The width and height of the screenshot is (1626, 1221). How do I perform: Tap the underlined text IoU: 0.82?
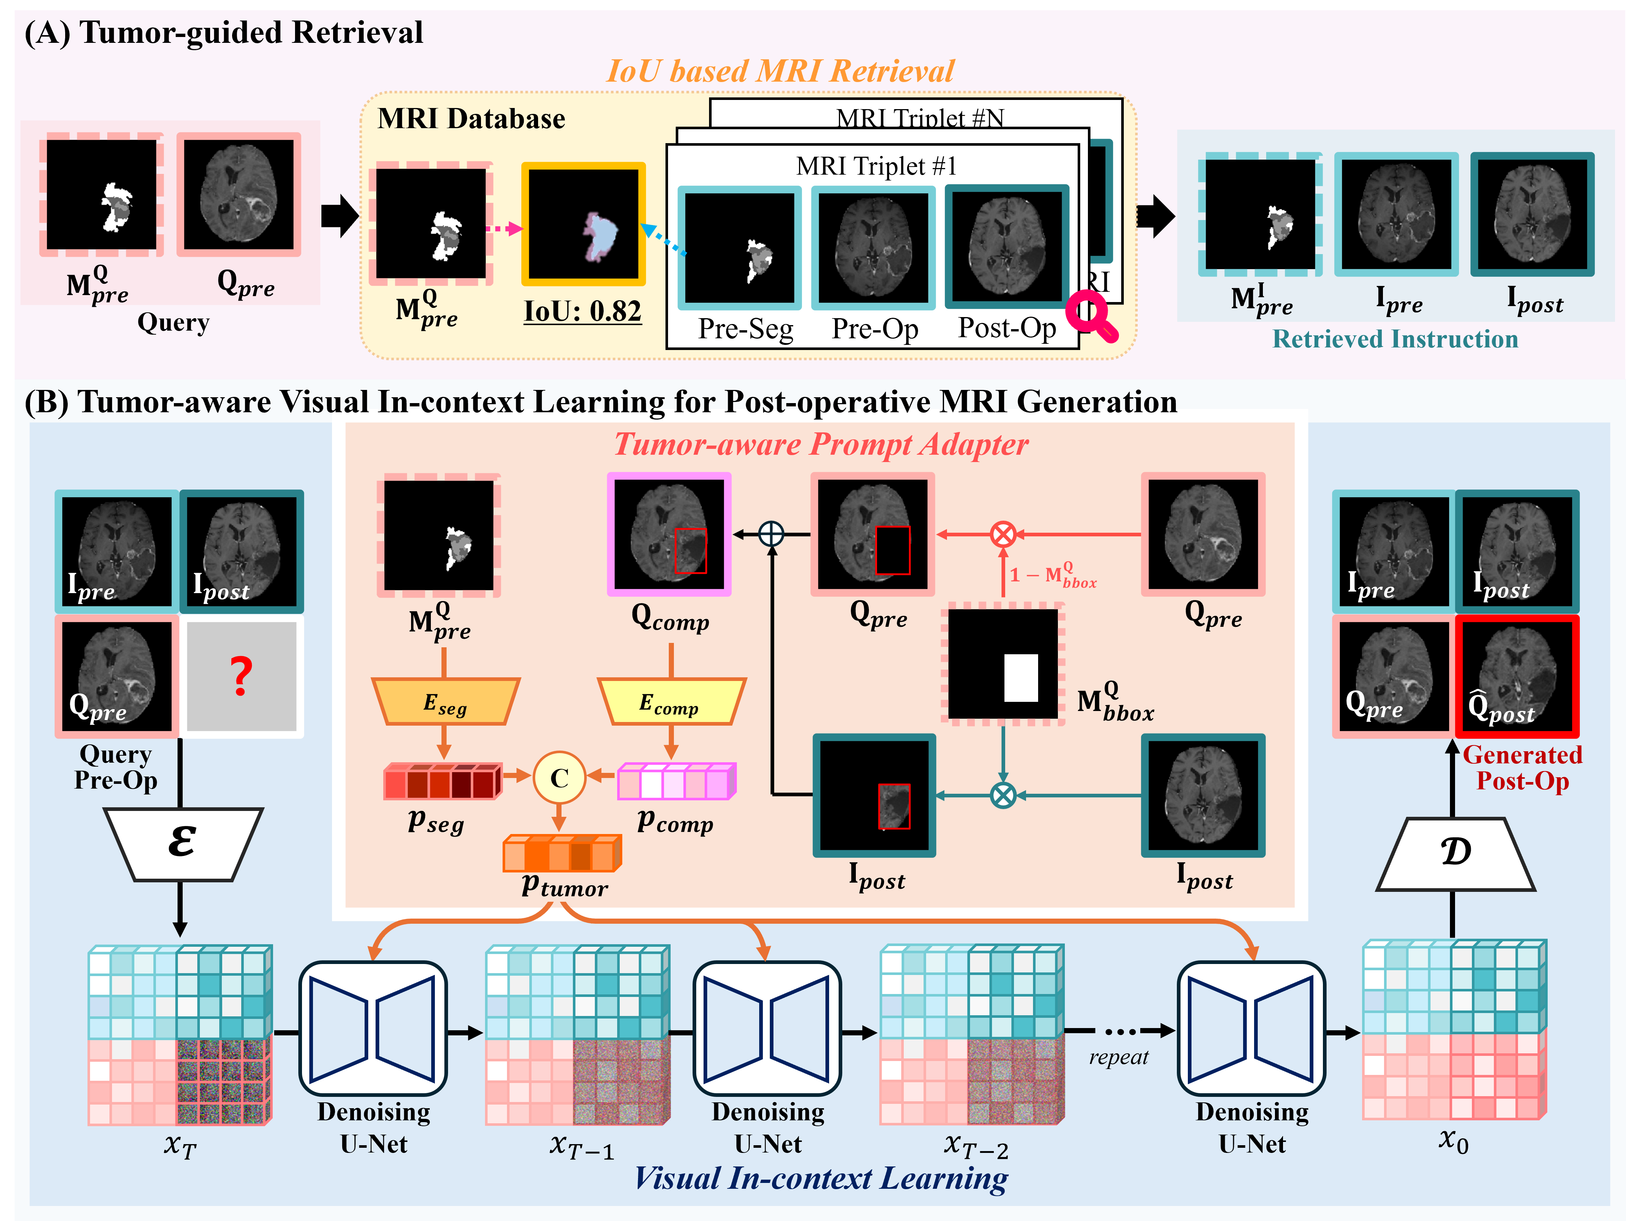[x=582, y=311]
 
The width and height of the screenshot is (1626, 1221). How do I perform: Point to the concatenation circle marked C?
[x=559, y=777]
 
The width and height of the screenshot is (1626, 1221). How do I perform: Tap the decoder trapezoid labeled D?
[x=1455, y=854]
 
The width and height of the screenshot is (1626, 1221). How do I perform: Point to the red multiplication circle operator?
[x=1003, y=535]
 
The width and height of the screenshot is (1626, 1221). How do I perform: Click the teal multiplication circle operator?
[x=1003, y=794]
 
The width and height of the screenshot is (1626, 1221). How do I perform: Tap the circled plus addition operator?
[x=771, y=535]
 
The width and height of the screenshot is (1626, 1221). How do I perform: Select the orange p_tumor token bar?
[x=562, y=853]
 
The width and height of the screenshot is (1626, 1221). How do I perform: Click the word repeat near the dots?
[x=1118, y=1057]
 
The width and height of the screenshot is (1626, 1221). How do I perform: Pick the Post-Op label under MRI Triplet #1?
[x=1006, y=328]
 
